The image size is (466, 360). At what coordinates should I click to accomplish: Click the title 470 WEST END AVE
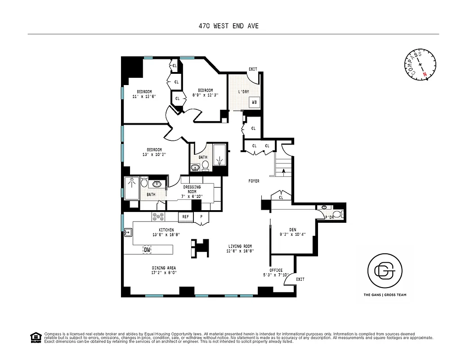229,26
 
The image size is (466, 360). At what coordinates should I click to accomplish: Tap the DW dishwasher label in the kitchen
147,250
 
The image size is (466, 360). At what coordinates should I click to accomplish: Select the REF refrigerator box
185,217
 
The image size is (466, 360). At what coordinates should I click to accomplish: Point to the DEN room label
293,229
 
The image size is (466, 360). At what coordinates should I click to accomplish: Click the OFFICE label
276,270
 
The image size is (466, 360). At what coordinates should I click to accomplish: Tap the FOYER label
254,181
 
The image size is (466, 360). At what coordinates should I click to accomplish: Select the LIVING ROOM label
240,246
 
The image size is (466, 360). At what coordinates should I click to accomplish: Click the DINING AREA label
164,268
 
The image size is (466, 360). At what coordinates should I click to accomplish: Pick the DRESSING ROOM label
193,189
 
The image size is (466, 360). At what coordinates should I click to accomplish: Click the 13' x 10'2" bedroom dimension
154,155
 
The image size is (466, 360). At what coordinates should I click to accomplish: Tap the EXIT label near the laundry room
253,69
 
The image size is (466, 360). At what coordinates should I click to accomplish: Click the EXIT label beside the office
300,279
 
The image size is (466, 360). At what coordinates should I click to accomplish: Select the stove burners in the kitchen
159,216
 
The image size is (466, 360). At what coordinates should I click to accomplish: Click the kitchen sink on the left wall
127,233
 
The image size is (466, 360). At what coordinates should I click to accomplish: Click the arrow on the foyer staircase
283,171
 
